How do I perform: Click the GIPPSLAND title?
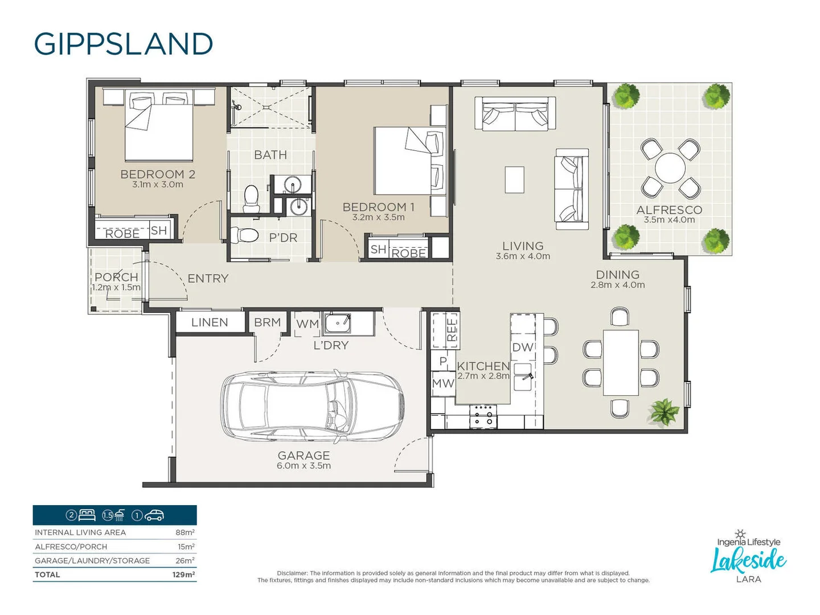124,44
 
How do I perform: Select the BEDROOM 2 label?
158,174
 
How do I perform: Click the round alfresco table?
670,168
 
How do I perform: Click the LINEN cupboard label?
210,322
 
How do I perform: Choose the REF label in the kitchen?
452,330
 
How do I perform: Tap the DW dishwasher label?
522,347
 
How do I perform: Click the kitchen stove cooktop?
483,416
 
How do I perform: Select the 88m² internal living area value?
184,532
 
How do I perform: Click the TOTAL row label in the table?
47,575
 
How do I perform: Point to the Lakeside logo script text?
748,560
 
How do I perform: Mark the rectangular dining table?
621,363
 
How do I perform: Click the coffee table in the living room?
514,179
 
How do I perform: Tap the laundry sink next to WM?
338,323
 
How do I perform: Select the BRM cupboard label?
267,322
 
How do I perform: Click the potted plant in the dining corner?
663,411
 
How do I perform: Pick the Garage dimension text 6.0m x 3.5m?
304,466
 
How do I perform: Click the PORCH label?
116,277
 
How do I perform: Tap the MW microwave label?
442,383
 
